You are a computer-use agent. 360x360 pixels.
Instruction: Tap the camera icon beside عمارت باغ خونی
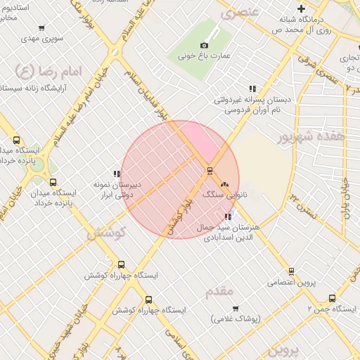pos(205,46)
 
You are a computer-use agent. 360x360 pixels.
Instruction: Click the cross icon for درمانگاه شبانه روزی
pos(301,9)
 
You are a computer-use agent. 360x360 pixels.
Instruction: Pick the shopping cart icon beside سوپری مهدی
pos(42,29)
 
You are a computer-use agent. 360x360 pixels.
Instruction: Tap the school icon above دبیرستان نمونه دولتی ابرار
pos(117,174)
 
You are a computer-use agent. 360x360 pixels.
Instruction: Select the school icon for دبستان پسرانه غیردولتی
pos(252,89)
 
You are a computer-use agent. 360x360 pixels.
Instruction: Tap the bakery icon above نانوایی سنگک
pos(224,184)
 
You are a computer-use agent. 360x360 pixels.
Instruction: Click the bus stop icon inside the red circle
pos(209,170)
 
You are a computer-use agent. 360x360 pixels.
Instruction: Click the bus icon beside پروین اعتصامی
pos(291,271)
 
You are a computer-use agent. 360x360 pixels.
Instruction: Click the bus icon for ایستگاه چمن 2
pos(332,298)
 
